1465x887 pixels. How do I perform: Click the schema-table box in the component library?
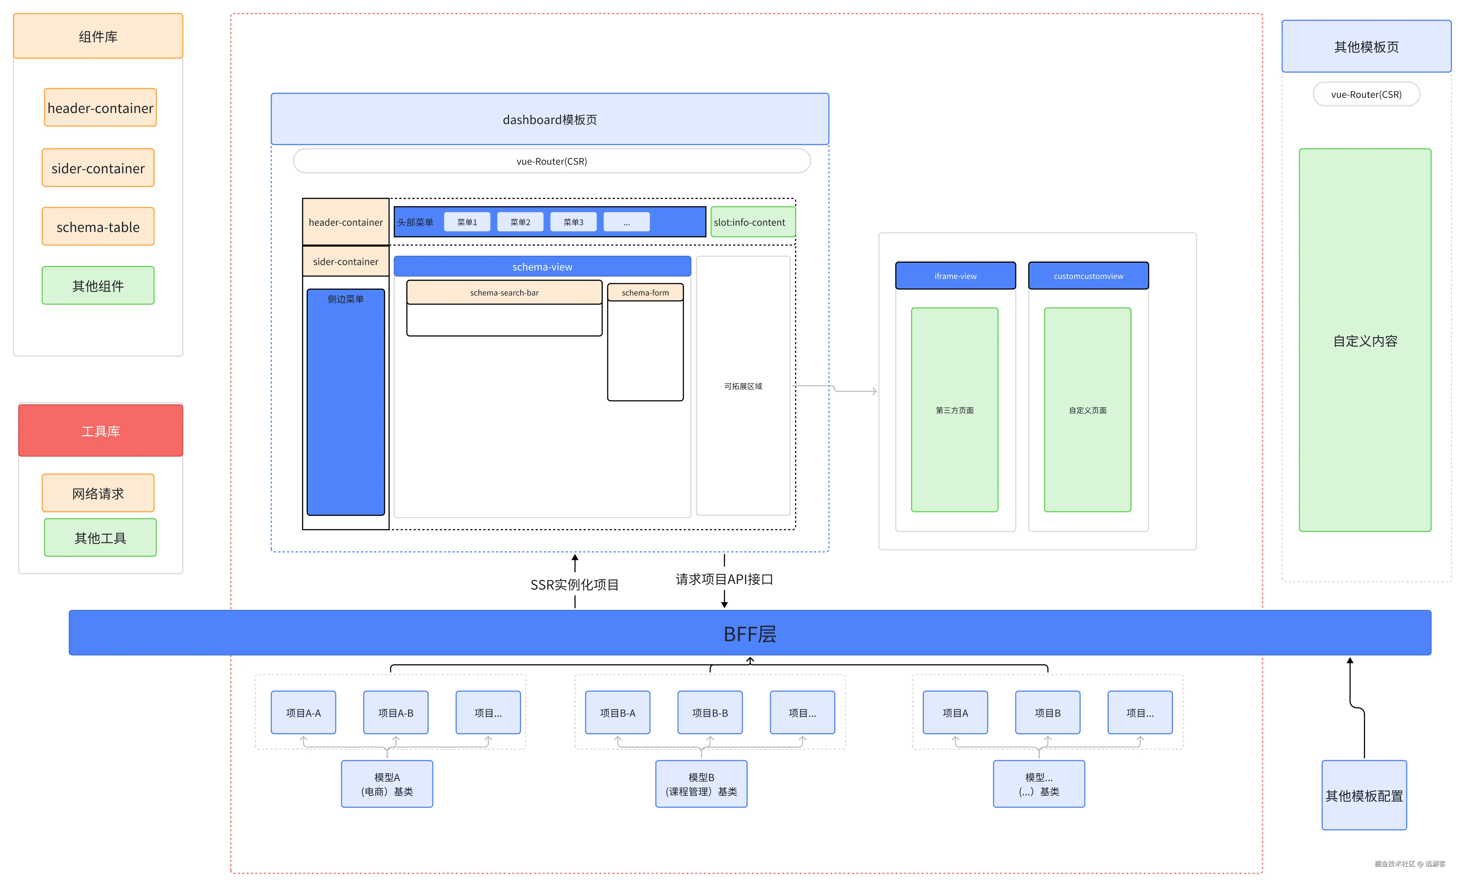pos(98,227)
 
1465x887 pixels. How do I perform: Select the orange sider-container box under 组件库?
pos(98,168)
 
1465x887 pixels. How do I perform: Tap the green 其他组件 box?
pos(98,285)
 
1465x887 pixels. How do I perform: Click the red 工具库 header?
pos(100,430)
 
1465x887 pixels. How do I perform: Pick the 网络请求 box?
pos(98,493)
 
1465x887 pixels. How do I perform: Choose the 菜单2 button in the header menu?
pos(520,222)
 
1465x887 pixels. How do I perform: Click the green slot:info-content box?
pos(753,222)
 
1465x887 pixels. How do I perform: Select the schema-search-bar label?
pos(504,292)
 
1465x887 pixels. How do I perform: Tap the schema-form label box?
pos(645,292)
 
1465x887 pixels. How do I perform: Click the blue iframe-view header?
pos(955,276)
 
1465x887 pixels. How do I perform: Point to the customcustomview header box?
pos(1089,276)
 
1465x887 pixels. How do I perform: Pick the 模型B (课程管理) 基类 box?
pos(701,784)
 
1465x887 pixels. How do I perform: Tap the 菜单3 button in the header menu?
pos(573,222)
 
